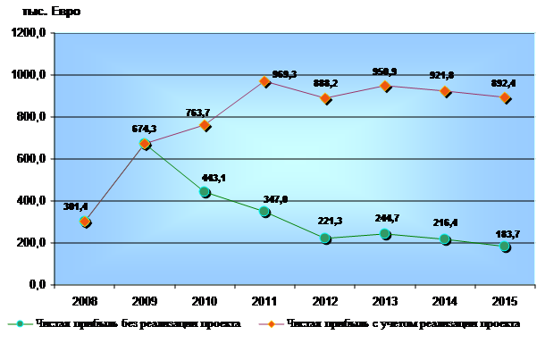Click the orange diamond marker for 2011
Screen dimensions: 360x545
265,81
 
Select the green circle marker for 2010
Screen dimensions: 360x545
205,192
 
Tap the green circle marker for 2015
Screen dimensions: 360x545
505,247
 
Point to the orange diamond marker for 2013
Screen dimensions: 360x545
385,86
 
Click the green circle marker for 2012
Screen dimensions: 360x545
325,239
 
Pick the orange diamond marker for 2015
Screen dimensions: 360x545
505,98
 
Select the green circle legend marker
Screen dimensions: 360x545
23,323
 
